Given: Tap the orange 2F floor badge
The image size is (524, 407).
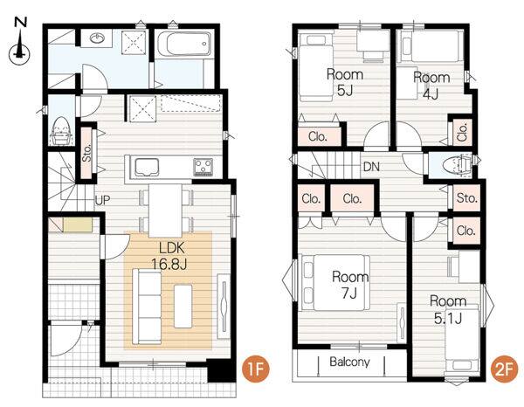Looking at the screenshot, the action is click(x=503, y=370).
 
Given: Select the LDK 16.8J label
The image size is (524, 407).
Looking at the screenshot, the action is click(x=169, y=256).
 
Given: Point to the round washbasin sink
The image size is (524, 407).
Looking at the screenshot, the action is click(x=98, y=38).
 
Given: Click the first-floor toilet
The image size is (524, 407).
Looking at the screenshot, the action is click(x=61, y=131).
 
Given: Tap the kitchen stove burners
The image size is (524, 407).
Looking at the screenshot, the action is click(x=203, y=167).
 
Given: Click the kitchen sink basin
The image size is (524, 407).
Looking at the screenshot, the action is click(x=147, y=167).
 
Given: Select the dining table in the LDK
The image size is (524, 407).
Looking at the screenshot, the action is click(x=165, y=210).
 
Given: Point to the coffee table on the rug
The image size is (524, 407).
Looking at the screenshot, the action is click(x=183, y=306).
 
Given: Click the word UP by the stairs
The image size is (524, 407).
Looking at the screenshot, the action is click(x=102, y=200).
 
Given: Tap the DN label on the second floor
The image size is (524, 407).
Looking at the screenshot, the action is click(x=371, y=166).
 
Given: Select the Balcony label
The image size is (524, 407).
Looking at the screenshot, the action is click(x=350, y=362).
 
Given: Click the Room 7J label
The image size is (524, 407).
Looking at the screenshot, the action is click(x=350, y=285).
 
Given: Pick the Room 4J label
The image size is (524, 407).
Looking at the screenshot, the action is click(x=431, y=86).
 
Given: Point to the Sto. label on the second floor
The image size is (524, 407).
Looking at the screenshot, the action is click(x=466, y=198).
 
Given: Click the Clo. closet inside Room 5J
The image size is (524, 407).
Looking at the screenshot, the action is click(x=318, y=136).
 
